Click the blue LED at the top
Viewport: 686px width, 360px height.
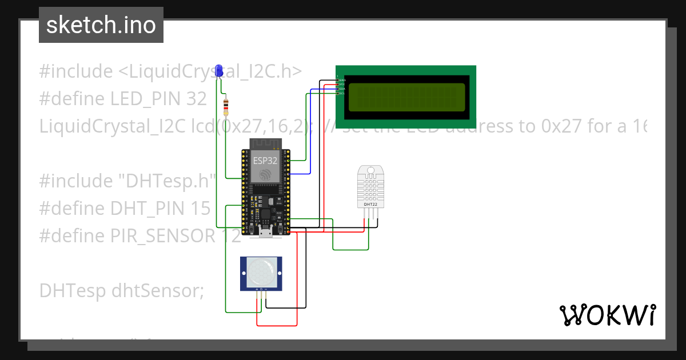[x=218, y=71]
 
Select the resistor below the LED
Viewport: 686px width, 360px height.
[x=226, y=106]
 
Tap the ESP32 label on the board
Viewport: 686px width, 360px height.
[x=265, y=161]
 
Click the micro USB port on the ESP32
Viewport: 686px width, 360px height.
[x=266, y=231]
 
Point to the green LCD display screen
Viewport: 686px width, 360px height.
[x=406, y=97]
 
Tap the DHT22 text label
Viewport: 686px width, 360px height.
[x=370, y=204]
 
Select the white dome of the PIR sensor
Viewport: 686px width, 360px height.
[x=261, y=273]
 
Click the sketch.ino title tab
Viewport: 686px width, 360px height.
[x=101, y=25]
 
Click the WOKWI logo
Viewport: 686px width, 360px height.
[x=608, y=315]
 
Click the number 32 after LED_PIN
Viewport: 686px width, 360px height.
[x=196, y=99]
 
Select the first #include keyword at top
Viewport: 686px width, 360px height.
[x=76, y=71]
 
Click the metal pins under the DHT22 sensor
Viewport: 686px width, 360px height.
[x=370, y=213]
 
